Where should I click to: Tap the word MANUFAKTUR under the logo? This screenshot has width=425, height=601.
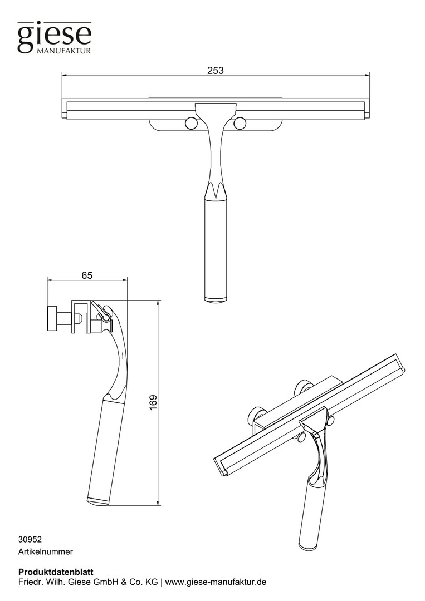(63, 51)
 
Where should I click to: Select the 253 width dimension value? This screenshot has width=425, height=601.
(216, 71)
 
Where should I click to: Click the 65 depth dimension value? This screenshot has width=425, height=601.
(87, 275)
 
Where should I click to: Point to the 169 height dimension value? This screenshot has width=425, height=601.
(153, 403)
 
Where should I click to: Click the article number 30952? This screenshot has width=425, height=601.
(30, 539)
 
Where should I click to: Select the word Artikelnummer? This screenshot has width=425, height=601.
(46, 552)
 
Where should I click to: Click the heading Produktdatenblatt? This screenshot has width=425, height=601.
(56, 572)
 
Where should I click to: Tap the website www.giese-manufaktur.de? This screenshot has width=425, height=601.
(216, 582)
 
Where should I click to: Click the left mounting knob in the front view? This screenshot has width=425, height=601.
(190, 123)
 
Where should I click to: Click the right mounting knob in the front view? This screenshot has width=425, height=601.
(240, 123)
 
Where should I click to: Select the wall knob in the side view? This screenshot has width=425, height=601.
(52, 318)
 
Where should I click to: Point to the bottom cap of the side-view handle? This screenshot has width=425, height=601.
(98, 501)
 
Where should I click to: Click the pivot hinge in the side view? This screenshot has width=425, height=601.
(104, 315)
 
